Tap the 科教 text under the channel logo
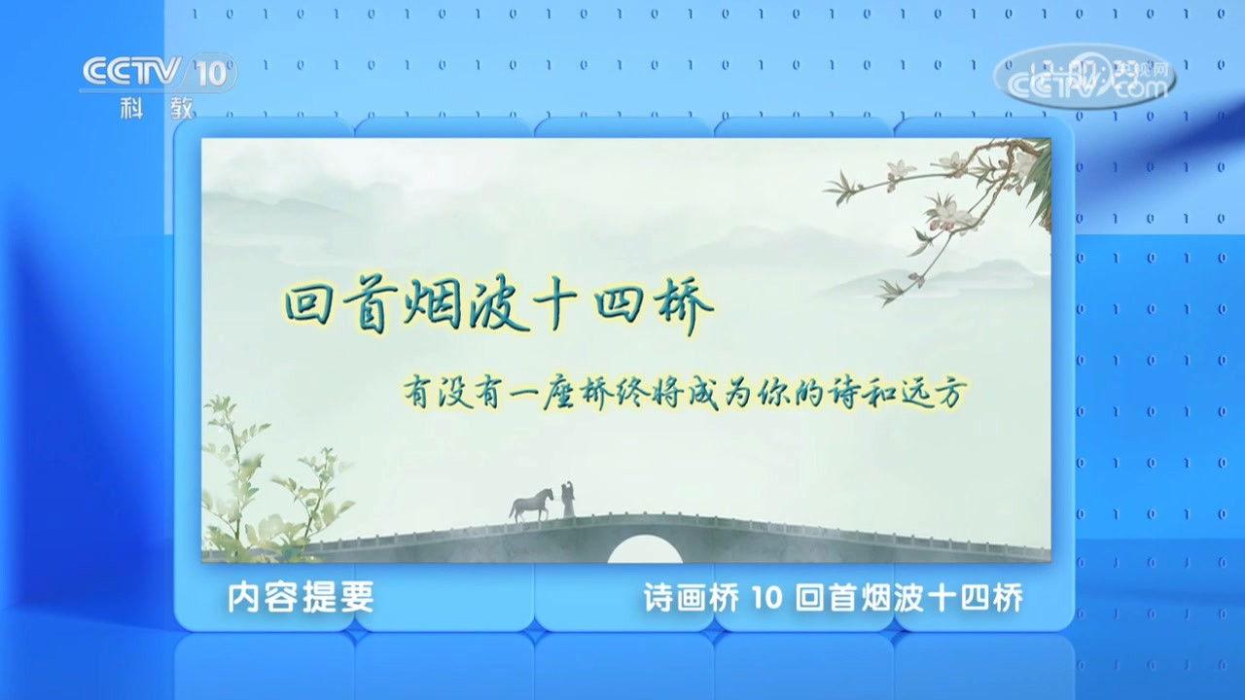tap(156, 107)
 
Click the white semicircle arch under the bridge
tap(644, 549)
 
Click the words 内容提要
tap(300, 597)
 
